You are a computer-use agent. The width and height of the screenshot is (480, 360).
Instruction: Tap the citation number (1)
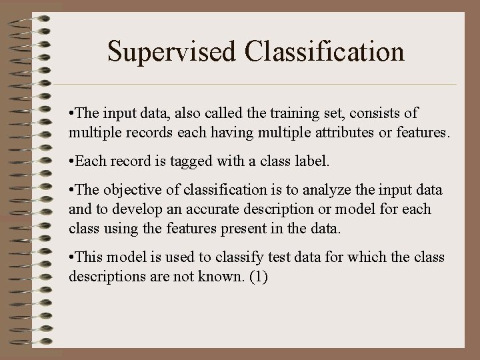click(x=257, y=276)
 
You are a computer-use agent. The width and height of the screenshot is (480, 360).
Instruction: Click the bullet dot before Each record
click(x=71, y=161)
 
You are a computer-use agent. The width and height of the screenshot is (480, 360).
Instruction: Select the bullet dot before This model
click(x=71, y=257)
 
